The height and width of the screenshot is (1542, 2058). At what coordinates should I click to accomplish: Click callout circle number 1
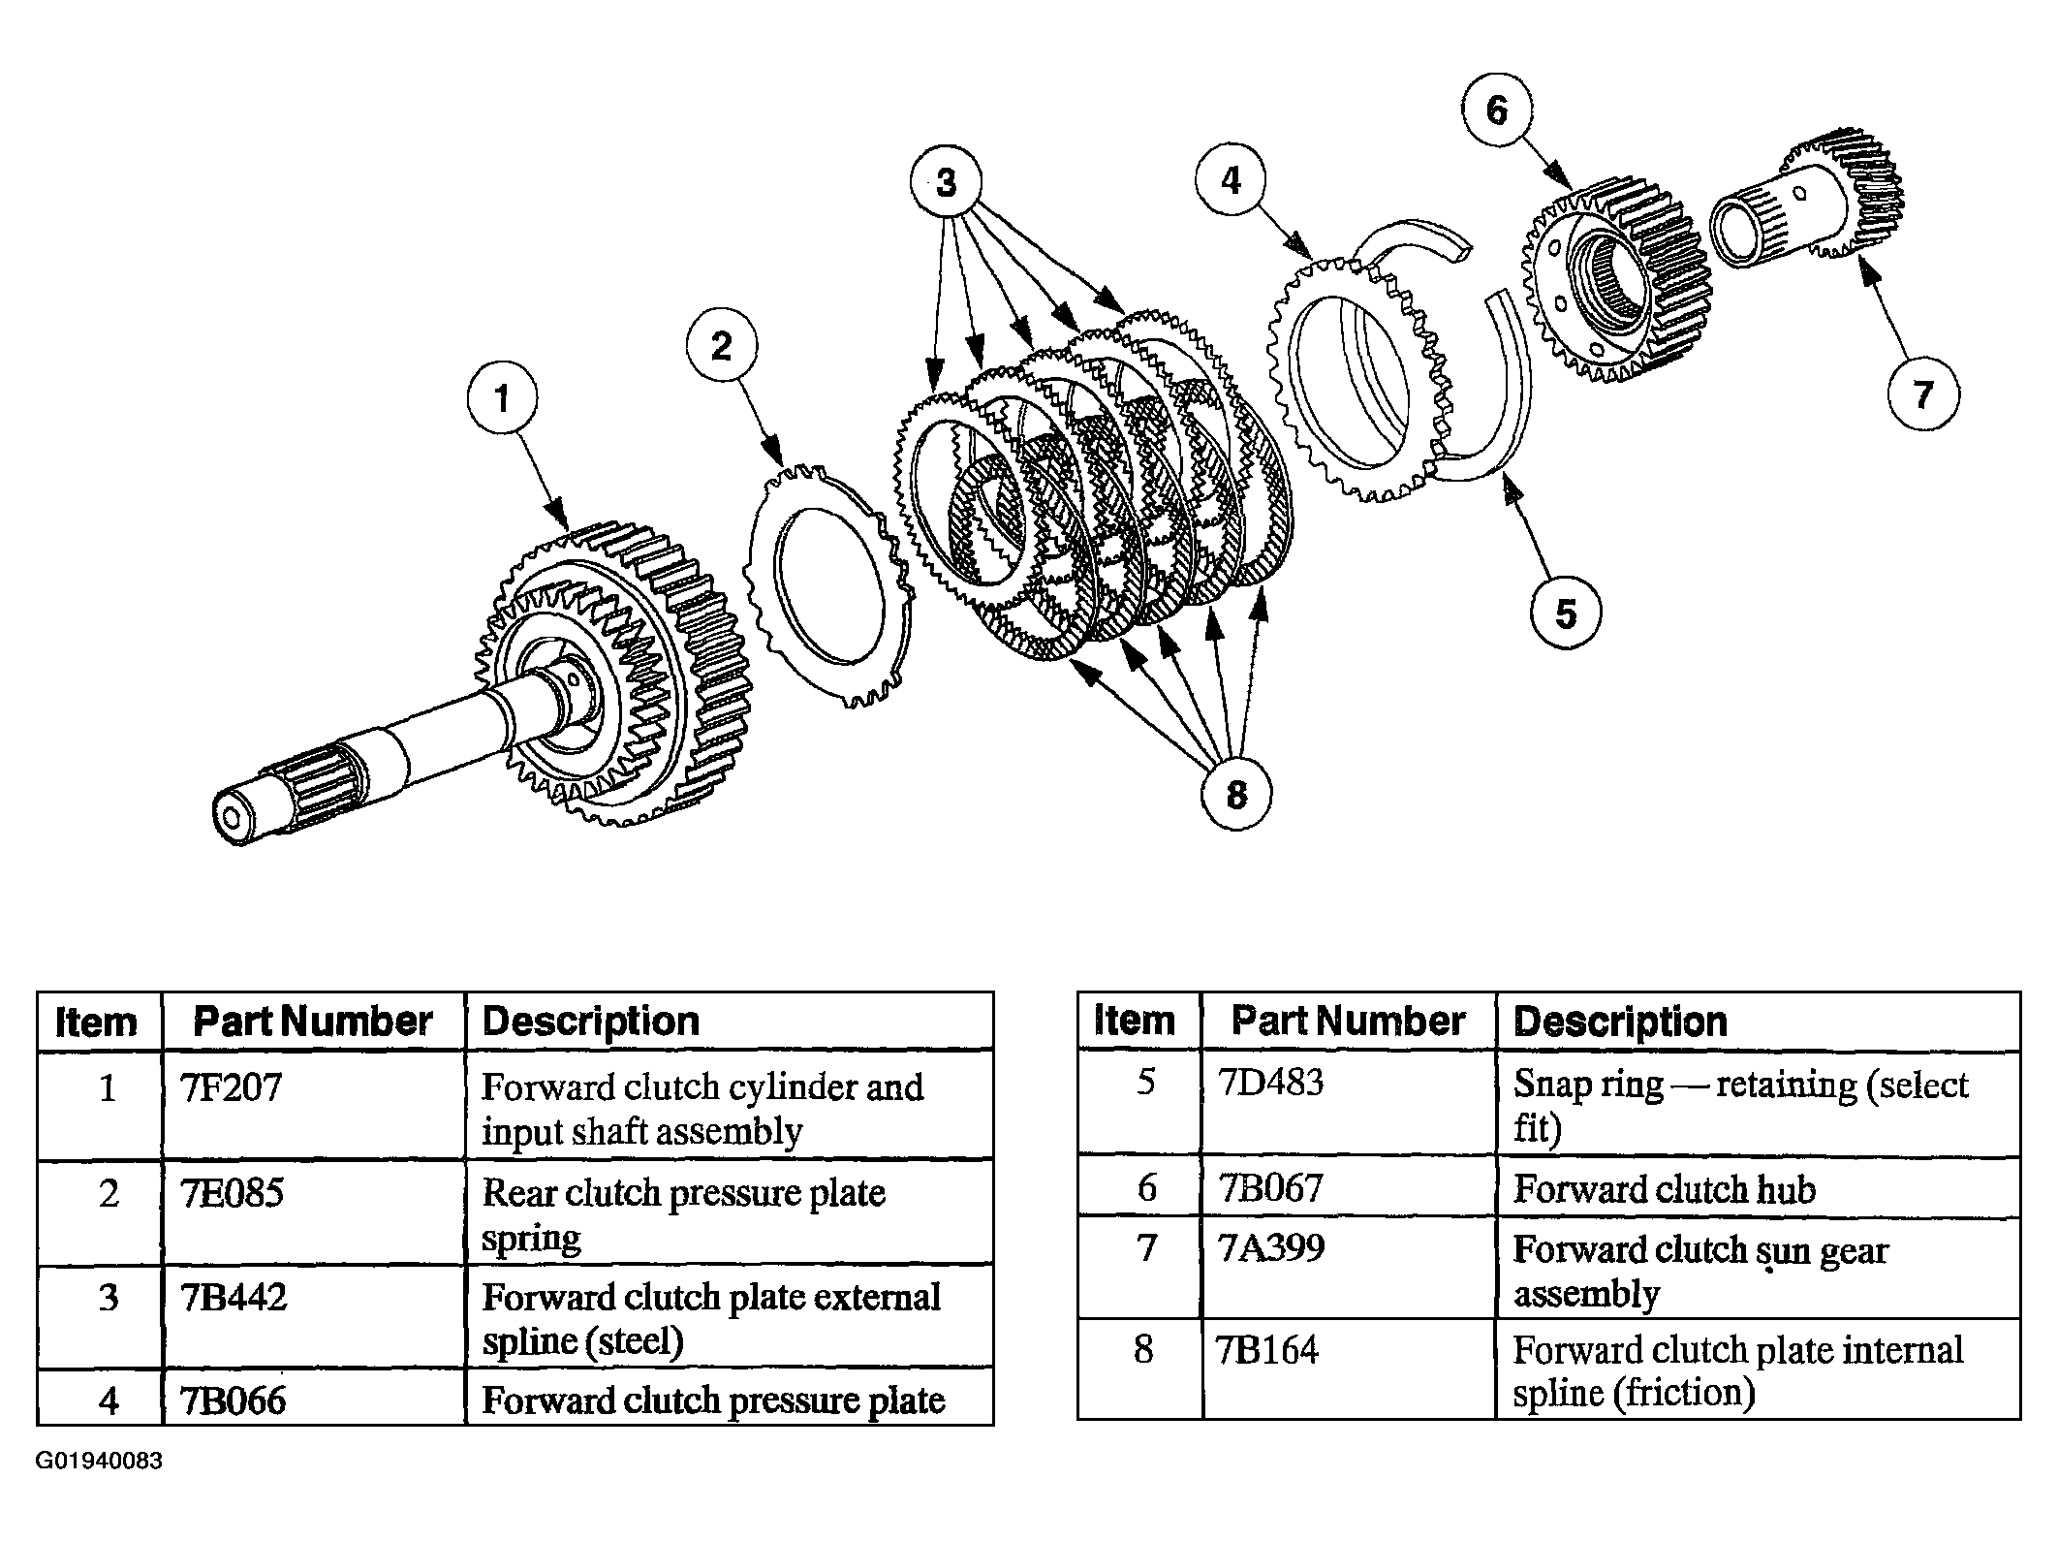point(501,398)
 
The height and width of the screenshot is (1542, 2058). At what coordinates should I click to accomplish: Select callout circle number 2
point(722,346)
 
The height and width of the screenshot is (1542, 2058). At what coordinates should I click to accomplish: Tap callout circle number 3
point(946,182)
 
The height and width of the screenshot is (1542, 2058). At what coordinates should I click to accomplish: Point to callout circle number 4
point(1231,180)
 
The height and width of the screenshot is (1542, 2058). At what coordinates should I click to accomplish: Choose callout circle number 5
point(1566,613)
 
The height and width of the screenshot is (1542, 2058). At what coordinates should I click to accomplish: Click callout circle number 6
point(1497,110)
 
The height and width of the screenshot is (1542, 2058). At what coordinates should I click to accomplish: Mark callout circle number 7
point(1923,394)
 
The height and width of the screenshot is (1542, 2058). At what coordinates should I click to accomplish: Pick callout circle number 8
point(1236,795)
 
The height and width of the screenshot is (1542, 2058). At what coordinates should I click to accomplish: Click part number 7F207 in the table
point(232,1087)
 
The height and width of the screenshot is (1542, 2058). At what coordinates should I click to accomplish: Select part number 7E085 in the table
point(233,1193)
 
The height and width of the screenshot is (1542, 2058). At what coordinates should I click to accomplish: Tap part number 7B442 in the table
point(234,1298)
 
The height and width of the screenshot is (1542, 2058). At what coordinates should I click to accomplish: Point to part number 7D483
point(1269,1083)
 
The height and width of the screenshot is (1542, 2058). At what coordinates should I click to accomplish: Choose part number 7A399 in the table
point(1270,1248)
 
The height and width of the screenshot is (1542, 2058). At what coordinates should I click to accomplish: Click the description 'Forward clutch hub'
point(1665,1189)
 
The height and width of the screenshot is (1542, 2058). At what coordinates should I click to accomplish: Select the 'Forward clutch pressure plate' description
point(713,1400)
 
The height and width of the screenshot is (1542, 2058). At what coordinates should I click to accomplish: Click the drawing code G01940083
point(100,1462)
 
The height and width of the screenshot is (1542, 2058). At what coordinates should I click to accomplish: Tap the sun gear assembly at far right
point(1807,208)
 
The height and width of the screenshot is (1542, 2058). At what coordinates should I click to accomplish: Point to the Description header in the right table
point(1620,1022)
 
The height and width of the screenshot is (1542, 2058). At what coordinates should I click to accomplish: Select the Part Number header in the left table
point(313,1022)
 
